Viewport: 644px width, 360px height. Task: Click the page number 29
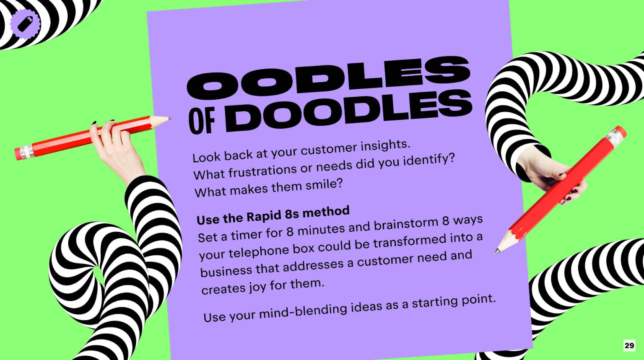(629, 345)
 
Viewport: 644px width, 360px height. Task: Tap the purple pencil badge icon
(25, 23)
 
